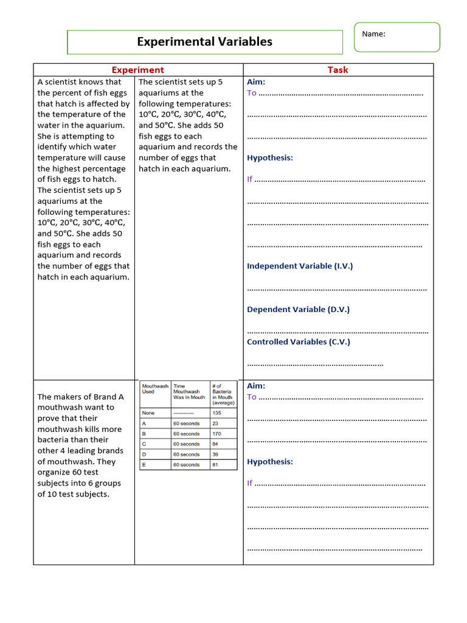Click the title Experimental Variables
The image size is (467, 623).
(x=204, y=42)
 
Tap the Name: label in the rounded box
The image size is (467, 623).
(x=373, y=34)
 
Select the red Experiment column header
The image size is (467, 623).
(x=137, y=70)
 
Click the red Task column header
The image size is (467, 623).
(x=337, y=70)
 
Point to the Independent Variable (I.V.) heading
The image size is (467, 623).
(x=299, y=266)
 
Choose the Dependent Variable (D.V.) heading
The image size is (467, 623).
(x=298, y=309)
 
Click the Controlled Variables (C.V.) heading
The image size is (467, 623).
(x=298, y=342)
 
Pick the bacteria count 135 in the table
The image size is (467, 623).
(x=216, y=413)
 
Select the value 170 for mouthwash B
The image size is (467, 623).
(x=216, y=434)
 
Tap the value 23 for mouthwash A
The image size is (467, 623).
(x=215, y=423)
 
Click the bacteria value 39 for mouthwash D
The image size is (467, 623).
(x=215, y=454)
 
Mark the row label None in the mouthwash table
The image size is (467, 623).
(x=148, y=413)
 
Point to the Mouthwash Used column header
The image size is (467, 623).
(x=155, y=389)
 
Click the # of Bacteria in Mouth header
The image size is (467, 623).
(x=223, y=394)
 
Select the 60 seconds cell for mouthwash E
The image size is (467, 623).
(x=186, y=465)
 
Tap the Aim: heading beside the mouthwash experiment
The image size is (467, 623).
(x=256, y=386)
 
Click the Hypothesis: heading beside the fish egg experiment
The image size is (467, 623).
(x=269, y=158)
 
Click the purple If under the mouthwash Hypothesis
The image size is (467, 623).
(x=249, y=483)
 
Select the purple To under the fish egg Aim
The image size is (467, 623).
(x=252, y=93)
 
